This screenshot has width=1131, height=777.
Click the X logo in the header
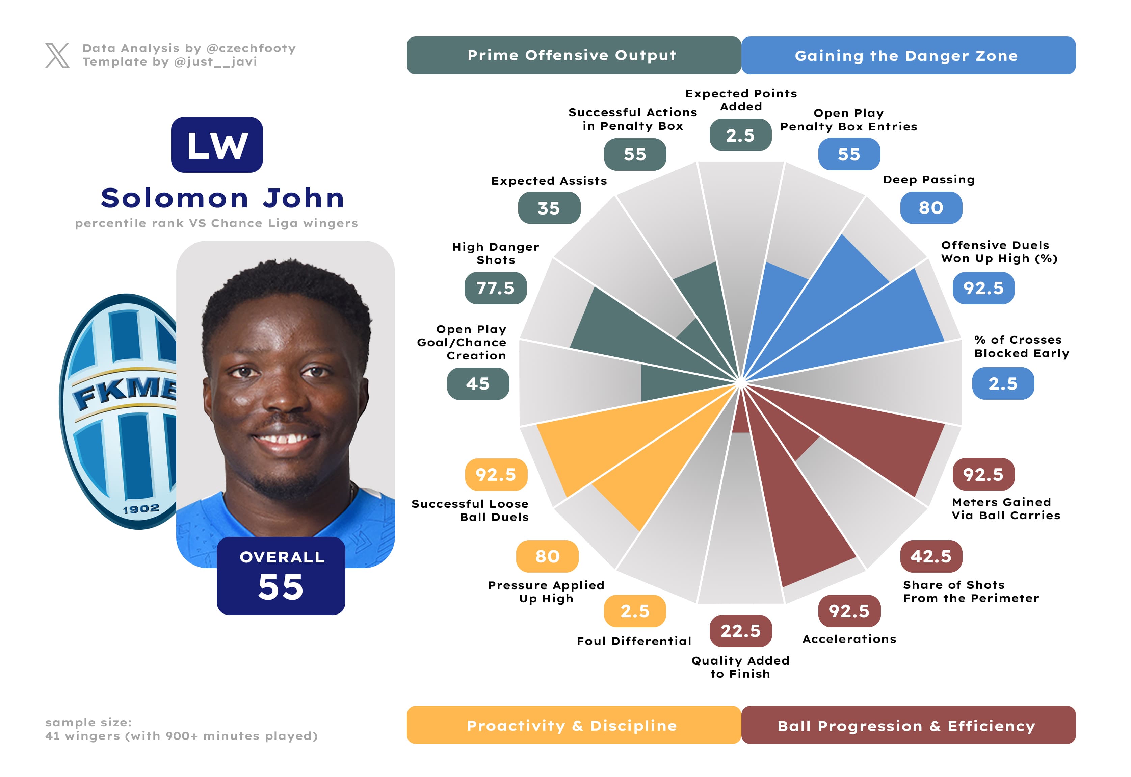click(x=57, y=55)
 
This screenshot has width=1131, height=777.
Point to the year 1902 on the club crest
click(x=141, y=509)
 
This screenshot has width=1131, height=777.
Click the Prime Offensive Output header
click(x=573, y=55)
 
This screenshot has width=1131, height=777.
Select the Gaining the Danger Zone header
click(x=908, y=55)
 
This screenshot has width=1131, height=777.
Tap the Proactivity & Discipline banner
click(x=573, y=725)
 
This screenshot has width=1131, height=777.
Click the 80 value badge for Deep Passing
click(x=930, y=208)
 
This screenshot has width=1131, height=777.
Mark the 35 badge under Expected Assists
click(x=549, y=208)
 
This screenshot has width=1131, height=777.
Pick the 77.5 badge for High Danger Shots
click(x=495, y=288)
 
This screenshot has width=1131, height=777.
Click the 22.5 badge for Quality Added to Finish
click(x=740, y=631)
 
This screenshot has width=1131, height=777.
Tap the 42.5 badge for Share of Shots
click(x=930, y=556)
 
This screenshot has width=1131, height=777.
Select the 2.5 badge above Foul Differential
click(x=635, y=611)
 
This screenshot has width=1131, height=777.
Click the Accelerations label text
click(x=849, y=639)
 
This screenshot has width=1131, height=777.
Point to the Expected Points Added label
click(x=741, y=100)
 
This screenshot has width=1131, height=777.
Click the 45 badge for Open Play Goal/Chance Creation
click(x=478, y=384)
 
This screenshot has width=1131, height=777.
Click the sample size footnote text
click(x=181, y=729)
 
